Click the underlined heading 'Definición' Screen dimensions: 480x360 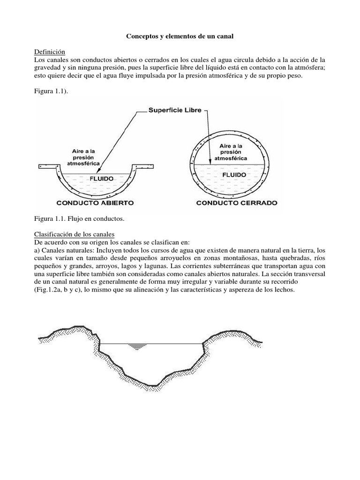pyautogui.click(x=50, y=52)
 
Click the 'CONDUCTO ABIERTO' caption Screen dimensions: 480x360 pyautogui.click(x=95, y=203)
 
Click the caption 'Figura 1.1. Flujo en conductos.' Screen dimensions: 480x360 pyautogui.click(x=79, y=219)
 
